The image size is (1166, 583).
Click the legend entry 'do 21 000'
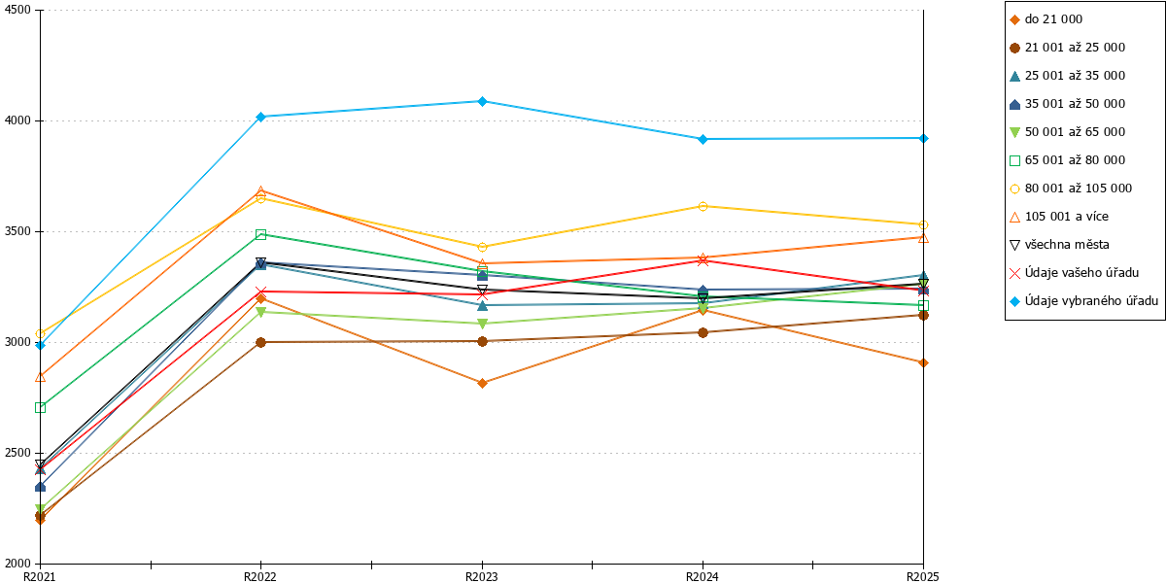(x=1046, y=19)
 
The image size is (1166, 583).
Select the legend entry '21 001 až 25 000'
(x=1067, y=48)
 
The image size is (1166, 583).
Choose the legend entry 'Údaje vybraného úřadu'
(x=1083, y=301)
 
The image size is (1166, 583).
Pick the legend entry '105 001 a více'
(x=1059, y=217)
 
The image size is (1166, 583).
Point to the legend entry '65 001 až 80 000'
(x=1067, y=160)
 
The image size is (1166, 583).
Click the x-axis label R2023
(x=482, y=577)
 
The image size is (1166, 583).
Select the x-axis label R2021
(x=40, y=577)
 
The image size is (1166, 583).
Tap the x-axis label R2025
(x=923, y=577)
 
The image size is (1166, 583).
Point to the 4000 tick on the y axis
(x=38, y=120)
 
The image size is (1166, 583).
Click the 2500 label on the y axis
(x=17, y=453)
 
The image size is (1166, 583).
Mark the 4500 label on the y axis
(x=17, y=10)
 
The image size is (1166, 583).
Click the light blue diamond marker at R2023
(x=483, y=101)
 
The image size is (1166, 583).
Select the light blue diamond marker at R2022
(x=261, y=118)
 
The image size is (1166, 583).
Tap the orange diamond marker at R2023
(x=483, y=384)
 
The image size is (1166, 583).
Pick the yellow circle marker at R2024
(x=703, y=207)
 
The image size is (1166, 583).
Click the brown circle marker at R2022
(x=261, y=342)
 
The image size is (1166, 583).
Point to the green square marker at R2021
(x=40, y=407)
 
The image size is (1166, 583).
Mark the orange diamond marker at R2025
(x=923, y=362)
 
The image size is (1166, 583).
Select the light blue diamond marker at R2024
(x=703, y=140)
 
